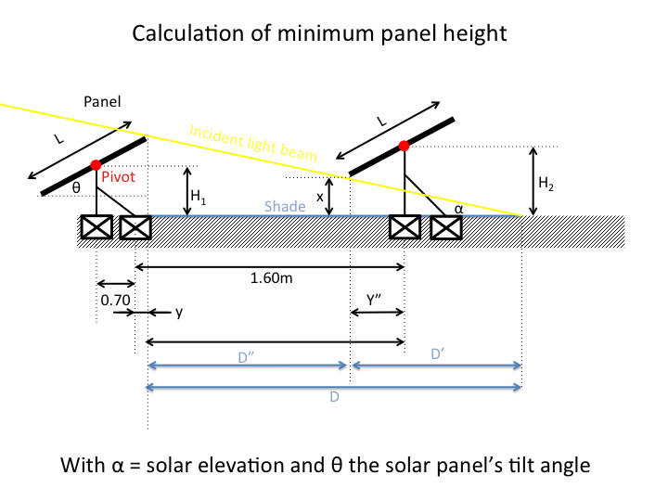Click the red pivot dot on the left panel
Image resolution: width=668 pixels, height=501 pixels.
(96, 165)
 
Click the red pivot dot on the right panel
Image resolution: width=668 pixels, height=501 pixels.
(404, 146)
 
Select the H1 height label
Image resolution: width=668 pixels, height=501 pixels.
(199, 196)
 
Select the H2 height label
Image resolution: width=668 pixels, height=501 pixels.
(546, 185)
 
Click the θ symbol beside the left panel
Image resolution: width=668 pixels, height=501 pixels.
(77, 186)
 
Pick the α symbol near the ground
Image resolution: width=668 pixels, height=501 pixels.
(458, 210)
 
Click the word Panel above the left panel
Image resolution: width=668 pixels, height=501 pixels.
(102, 99)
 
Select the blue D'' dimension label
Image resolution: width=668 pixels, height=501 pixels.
(248, 353)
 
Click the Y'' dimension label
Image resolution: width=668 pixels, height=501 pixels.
(376, 300)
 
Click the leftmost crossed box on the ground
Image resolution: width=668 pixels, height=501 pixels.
(96, 227)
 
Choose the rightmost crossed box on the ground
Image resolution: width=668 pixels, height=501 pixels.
(445, 227)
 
